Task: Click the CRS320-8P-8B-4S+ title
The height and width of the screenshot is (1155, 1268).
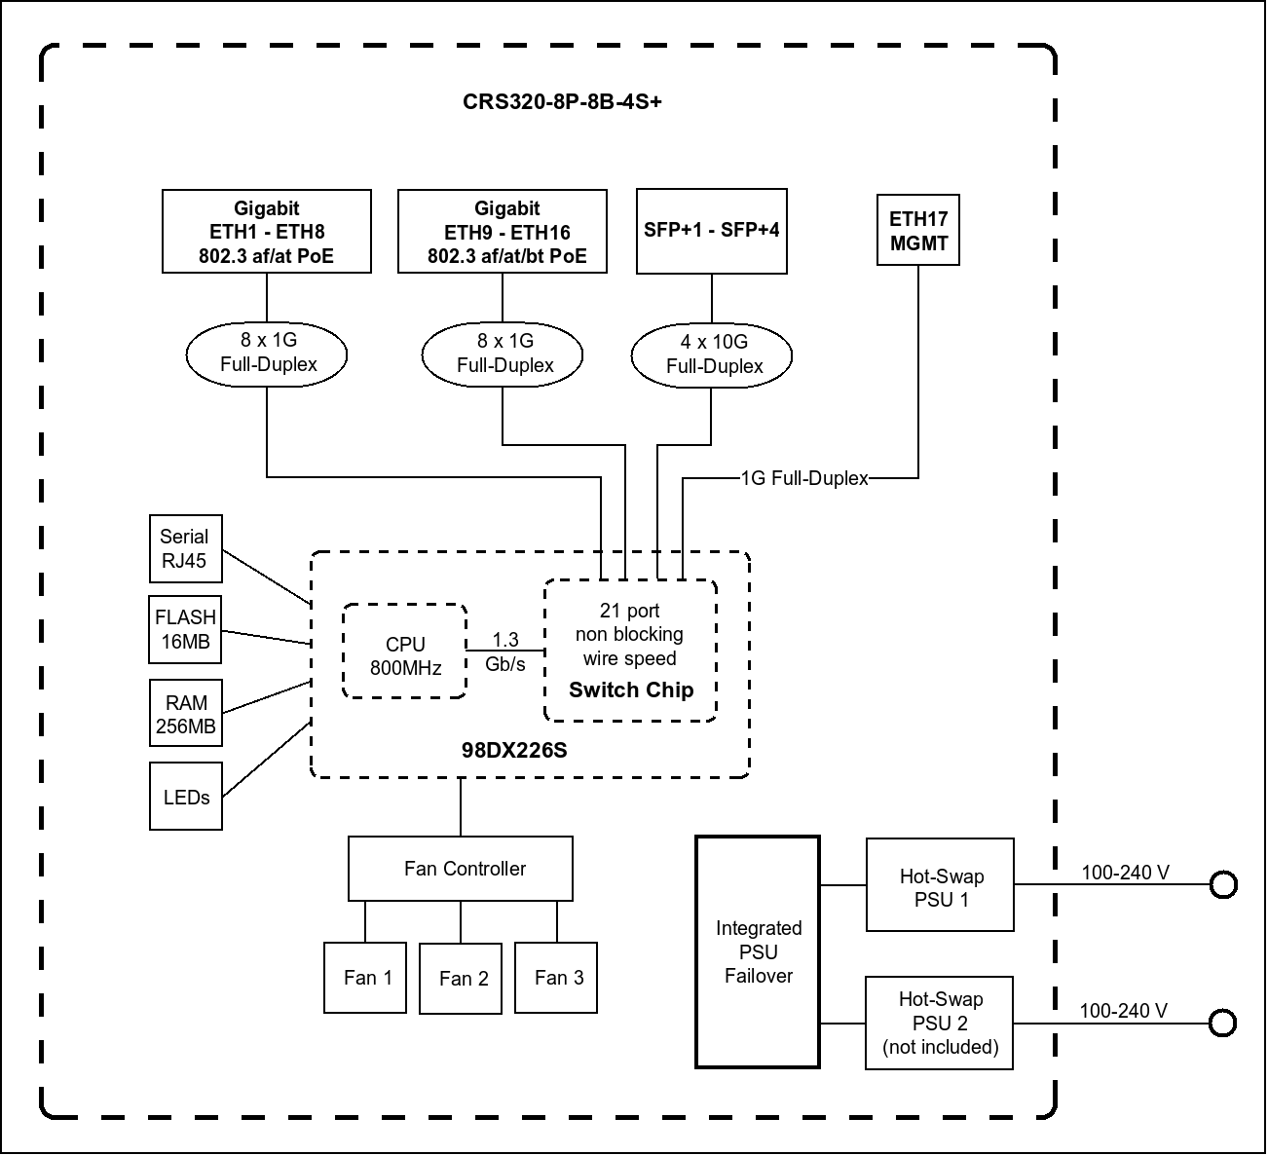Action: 562,102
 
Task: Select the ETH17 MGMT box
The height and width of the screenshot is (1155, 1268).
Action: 918,231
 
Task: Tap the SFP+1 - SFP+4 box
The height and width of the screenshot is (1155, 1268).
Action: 711,231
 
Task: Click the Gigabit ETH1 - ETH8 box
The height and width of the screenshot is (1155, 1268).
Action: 267,232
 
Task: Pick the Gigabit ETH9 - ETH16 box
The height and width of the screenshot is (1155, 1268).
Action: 503,232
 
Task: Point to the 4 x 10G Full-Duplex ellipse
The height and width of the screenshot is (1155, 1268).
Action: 712,354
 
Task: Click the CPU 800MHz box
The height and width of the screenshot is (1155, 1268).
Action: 405,652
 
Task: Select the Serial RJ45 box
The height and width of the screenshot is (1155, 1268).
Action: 185,548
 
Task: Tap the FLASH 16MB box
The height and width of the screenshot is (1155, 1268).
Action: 185,630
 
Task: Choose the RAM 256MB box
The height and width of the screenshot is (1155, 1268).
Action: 186,714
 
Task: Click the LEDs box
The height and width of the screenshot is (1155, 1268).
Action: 186,797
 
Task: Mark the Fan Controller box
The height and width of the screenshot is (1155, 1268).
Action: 461,868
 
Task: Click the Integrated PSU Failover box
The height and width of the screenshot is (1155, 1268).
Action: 758,951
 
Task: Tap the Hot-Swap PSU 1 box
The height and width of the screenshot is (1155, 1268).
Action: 940,885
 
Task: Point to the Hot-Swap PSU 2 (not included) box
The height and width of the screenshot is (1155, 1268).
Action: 940,1023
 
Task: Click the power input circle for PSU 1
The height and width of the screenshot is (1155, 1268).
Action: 1223,885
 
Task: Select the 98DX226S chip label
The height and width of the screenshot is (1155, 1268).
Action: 514,751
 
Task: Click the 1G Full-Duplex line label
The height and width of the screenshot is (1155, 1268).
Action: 804,478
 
